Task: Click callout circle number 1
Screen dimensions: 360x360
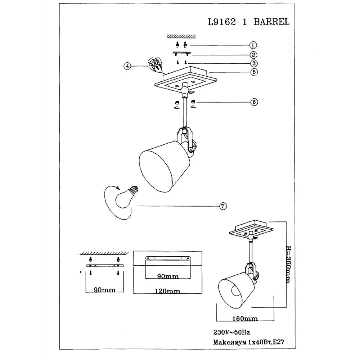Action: coord(253,45)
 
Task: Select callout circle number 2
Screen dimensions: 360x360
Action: coord(253,55)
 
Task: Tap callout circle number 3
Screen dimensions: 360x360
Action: coord(254,63)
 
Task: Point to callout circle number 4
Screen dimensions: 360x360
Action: coord(127,66)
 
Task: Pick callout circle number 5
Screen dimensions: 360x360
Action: coord(254,72)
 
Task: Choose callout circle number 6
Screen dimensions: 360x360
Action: coord(254,102)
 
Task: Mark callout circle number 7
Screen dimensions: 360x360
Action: coord(223,206)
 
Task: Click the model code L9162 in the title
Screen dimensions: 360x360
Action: coord(222,22)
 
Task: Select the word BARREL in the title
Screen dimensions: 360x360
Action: coord(271,22)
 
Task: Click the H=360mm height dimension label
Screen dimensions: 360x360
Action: coord(288,264)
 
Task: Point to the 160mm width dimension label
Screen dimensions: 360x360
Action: coord(245,319)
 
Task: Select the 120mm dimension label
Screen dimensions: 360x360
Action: coord(167,291)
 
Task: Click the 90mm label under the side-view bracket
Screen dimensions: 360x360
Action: coord(104,290)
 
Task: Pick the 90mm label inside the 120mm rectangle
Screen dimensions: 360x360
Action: coord(168,276)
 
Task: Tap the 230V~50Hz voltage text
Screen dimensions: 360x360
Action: coord(231,332)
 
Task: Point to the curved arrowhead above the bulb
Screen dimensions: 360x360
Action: coord(118,188)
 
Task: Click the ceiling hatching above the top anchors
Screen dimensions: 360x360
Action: coord(181,36)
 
